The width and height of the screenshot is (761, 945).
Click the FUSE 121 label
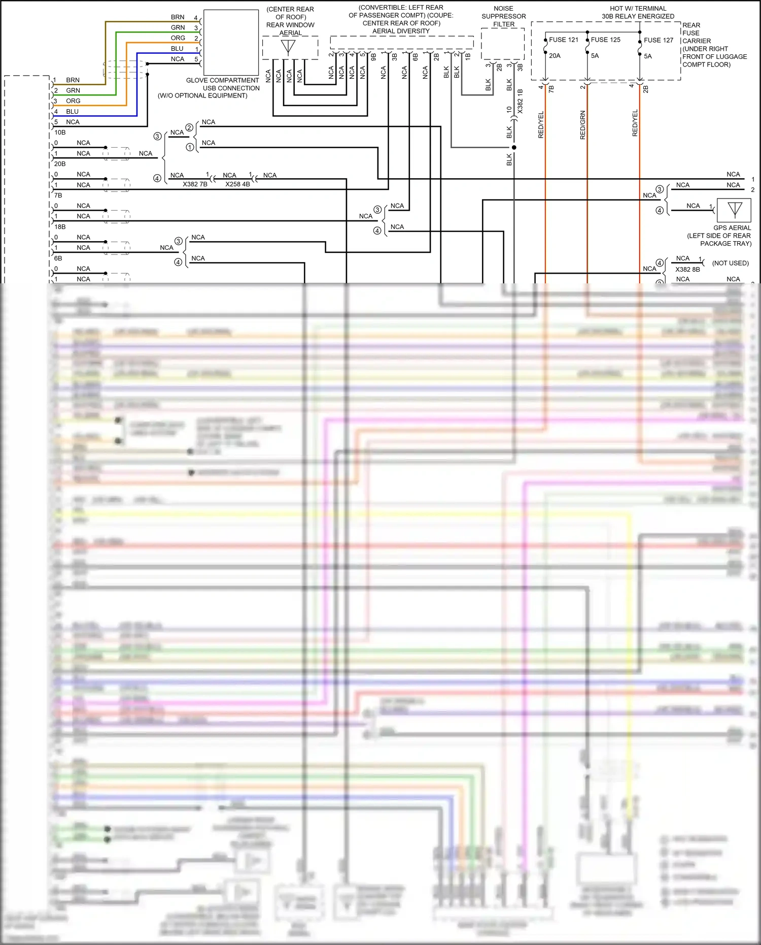point(563,40)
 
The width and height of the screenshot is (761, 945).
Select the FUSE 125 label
point(605,40)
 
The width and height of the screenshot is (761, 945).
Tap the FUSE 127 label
point(659,40)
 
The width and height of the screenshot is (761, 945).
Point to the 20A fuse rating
point(555,56)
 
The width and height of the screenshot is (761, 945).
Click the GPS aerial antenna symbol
point(735,209)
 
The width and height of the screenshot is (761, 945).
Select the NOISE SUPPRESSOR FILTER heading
point(503,16)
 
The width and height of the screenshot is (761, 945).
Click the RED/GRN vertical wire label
point(582,125)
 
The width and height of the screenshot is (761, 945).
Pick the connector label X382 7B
point(195,184)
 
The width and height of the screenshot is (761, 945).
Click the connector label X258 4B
point(237,184)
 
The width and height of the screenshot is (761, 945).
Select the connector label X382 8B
point(687,270)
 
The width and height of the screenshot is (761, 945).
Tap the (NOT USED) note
point(730,263)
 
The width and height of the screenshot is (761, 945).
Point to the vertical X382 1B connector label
point(520,101)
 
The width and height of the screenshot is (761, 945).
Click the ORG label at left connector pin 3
point(73,101)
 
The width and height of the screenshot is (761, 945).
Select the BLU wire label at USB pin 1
point(177,49)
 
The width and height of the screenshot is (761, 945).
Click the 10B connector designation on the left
point(60,133)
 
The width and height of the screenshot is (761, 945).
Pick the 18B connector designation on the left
point(60,227)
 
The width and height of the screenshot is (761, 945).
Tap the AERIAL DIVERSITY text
point(401,31)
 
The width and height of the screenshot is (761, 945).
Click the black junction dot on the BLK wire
point(514,147)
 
